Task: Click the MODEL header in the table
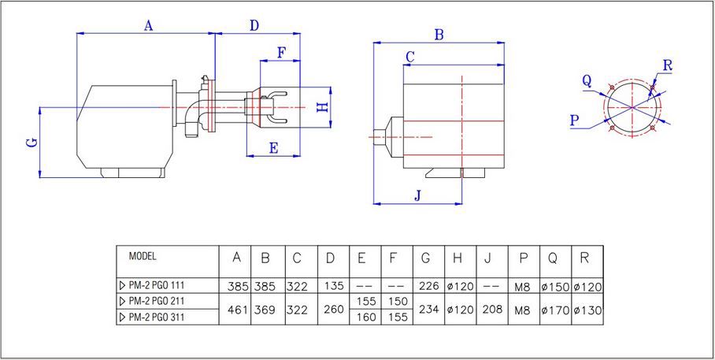(143, 257)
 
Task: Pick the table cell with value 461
(235, 310)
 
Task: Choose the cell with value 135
(334, 284)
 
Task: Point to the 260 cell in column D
(334, 310)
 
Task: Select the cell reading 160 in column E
(366, 317)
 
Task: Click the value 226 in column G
(431, 284)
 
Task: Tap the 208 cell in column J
(490, 310)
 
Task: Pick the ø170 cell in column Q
(554, 310)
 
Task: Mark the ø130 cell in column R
(587, 310)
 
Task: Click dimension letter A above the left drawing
(147, 25)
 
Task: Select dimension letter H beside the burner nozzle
(321, 107)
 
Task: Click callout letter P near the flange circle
(573, 119)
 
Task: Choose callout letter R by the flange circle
(667, 65)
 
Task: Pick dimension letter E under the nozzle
(273, 147)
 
